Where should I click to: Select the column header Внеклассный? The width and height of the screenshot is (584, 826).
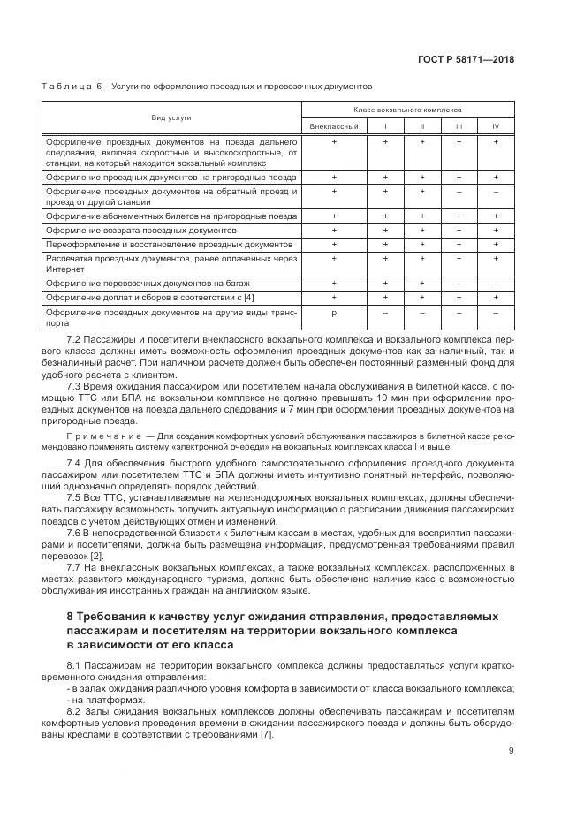pyautogui.click(x=333, y=126)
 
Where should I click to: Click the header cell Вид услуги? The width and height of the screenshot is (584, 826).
pyautogui.click(x=171, y=117)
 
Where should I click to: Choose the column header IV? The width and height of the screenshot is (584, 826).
pyautogui.click(x=496, y=126)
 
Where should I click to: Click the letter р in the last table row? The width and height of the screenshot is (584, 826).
pyautogui.click(x=333, y=314)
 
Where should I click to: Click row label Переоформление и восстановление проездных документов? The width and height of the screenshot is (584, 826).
pyautogui.click(x=168, y=244)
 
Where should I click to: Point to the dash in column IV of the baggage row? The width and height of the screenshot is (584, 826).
pyautogui.click(x=496, y=284)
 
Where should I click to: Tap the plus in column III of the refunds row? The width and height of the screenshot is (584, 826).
pyautogui.click(x=459, y=230)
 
